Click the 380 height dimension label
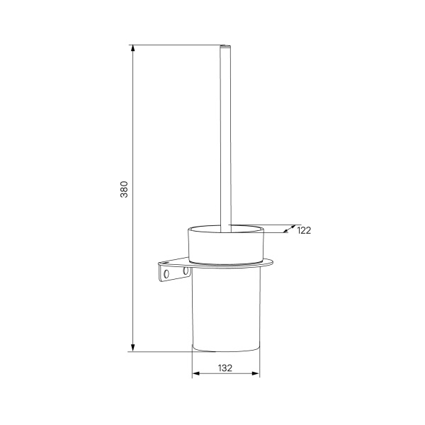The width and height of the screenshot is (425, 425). pyautogui.click(x=124, y=189)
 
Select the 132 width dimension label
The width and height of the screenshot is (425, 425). pyautogui.click(x=225, y=368)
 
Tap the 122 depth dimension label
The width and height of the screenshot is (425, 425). pyautogui.click(x=304, y=230)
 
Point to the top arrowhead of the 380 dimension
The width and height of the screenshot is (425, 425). pyautogui.click(x=132, y=48)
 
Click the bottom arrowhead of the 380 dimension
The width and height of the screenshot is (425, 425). pyautogui.click(x=132, y=348)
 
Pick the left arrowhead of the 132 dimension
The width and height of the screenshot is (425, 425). pyautogui.click(x=196, y=373)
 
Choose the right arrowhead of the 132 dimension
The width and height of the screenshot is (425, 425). pyautogui.click(x=255, y=373)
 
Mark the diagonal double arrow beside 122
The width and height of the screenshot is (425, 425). pyautogui.click(x=289, y=229)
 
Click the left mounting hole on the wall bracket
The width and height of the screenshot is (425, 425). pyautogui.click(x=166, y=273)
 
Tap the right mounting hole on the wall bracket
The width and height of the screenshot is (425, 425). pyautogui.click(x=186, y=271)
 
